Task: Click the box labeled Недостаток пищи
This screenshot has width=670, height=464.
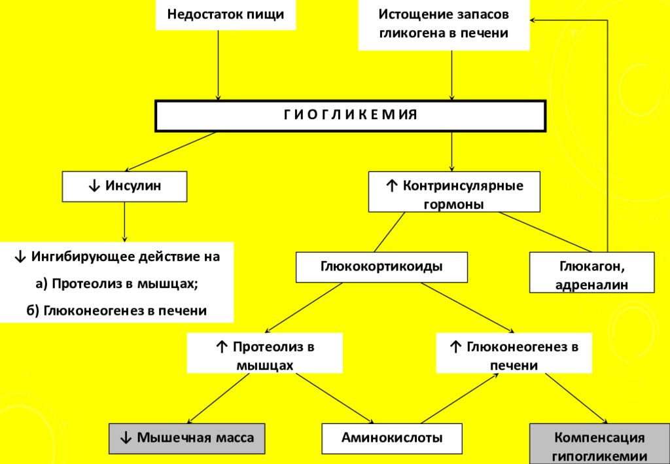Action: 226,14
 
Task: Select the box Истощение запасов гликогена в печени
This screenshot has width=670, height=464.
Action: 444,24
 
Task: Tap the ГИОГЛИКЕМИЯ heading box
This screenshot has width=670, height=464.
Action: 351,115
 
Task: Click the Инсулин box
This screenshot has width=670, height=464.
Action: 124,187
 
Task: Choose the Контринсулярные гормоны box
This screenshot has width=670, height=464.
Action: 454,192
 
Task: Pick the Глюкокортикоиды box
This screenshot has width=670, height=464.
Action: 381,267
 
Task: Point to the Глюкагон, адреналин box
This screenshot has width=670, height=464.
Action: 591,272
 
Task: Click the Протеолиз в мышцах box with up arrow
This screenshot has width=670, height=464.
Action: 265,353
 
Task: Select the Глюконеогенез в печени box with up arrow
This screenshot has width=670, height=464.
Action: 514,353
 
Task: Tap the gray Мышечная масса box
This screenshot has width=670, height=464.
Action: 186,438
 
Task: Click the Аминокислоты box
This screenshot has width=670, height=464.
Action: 392,438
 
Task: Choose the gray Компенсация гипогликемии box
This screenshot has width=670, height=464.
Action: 599,444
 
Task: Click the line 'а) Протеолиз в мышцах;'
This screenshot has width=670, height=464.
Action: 117,283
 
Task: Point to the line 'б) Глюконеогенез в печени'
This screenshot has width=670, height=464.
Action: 116,310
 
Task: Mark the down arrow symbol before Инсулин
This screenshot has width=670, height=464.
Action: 94,187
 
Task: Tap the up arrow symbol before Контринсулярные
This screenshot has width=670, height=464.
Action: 391,187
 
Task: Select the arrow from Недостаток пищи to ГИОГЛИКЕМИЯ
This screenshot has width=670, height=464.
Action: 218,65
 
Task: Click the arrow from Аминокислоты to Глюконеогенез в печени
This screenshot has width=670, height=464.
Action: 460,398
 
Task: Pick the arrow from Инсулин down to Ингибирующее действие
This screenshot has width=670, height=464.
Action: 124,222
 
